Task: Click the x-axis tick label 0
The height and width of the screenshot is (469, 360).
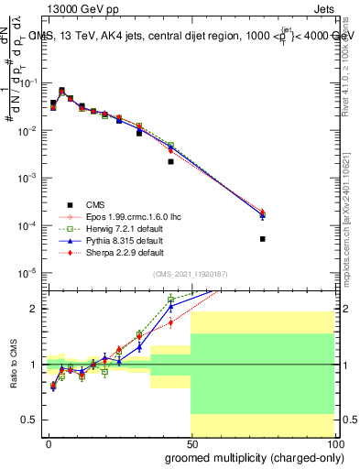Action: (x=49, y=443)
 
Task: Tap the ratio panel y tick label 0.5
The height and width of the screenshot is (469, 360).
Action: (x=29, y=420)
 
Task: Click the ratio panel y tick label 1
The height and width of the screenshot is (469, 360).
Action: (x=33, y=365)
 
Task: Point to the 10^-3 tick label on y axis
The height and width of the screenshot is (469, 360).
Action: (x=27, y=178)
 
